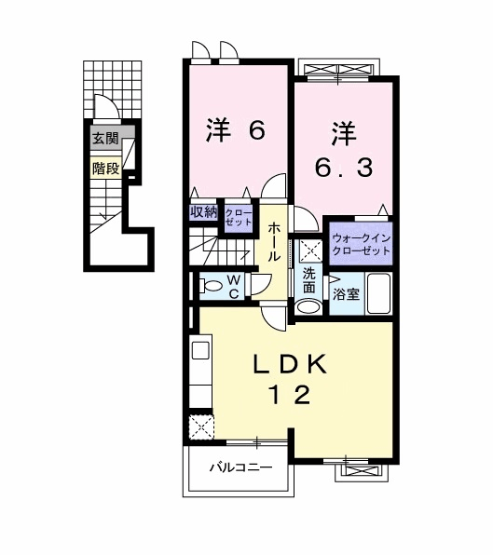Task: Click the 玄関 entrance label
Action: [105, 138]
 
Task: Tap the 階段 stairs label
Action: [105, 169]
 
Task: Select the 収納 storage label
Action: [203, 211]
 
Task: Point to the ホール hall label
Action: [273, 242]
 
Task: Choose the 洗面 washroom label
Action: [308, 280]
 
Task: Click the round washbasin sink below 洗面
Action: [308, 306]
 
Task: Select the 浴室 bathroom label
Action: [346, 293]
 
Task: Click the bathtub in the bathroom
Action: [378, 293]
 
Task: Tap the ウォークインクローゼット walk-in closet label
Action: [362, 244]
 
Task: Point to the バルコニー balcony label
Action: [241, 467]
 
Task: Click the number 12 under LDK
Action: [290, 395]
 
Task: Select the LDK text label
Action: [290, 364]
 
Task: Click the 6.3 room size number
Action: [344, 168]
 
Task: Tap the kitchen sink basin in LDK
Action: [200, 350]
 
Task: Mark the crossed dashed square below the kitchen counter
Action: [201, 426]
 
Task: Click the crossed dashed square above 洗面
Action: [310, 250]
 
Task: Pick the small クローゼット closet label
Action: [239, 217]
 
